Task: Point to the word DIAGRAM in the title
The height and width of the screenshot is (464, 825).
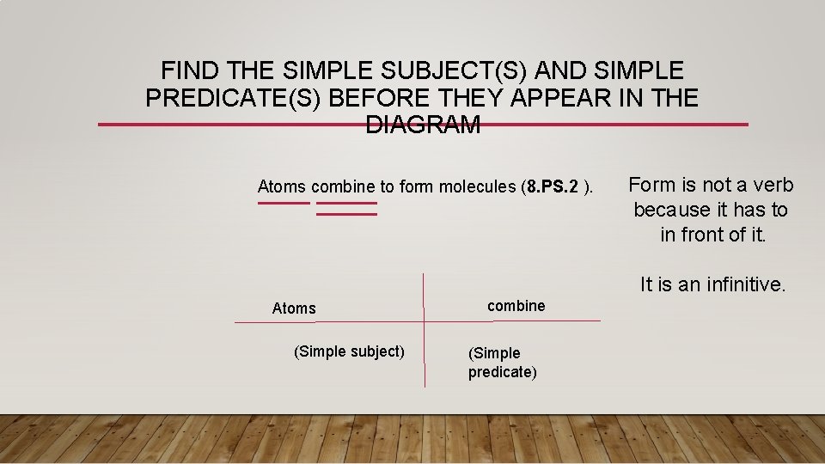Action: (423, 125)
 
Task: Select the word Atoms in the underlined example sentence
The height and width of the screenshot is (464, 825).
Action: (282, 186)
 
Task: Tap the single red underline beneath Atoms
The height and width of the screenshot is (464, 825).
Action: (284, 204)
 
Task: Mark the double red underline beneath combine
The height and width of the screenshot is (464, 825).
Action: (346, 209)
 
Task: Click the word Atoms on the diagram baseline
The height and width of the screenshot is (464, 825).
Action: (294, 308)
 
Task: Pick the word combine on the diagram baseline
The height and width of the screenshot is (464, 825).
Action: (516, 306)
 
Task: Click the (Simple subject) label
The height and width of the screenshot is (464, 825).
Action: (349, 351)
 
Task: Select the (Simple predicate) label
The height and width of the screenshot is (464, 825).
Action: (502, 363)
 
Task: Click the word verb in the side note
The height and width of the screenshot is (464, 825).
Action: (771, 185)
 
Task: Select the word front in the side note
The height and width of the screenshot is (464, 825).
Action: (709, 235)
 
